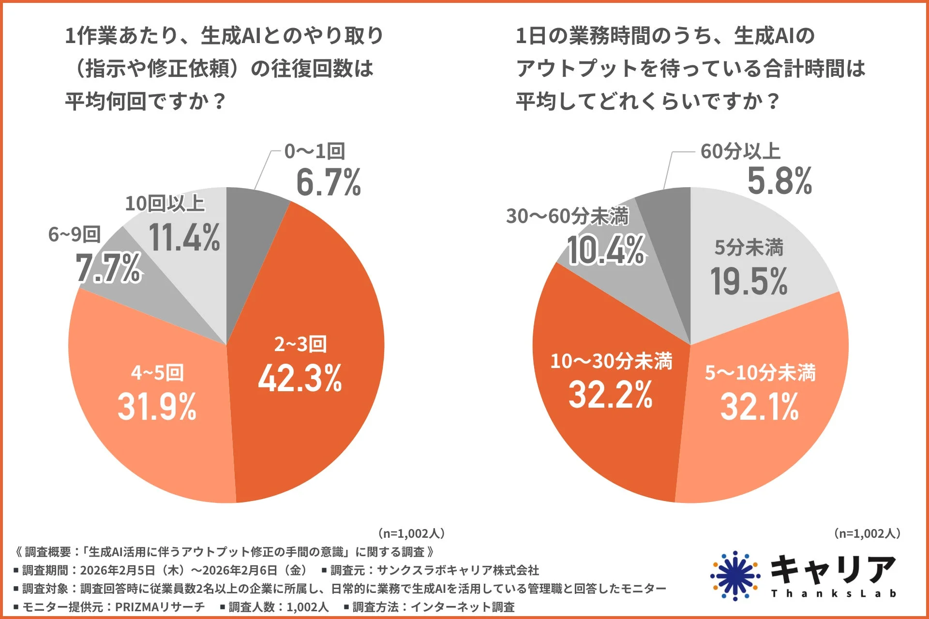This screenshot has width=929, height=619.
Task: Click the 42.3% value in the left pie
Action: (x=300, y=378)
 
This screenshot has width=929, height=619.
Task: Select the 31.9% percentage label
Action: (x=157, y=407)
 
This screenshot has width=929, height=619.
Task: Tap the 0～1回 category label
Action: (x=315, y=151)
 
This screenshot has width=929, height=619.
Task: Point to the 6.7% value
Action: (x=329, y=183)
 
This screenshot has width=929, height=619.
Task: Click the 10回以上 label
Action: (x=165, y=204)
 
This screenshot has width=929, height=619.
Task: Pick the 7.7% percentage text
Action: (x=108, y=268)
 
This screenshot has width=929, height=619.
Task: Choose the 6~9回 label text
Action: (x=75, y=235)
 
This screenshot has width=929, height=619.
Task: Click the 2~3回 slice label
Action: (x=300, y=344)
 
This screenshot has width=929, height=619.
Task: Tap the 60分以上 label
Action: (x=740, y=151)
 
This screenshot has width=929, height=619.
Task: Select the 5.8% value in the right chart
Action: (x=779, y=181)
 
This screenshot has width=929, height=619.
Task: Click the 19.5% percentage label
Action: (x=749, y=281)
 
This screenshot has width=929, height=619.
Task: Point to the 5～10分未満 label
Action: (x=760, y=373)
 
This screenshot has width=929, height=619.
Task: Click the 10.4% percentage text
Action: (x=606, y=250)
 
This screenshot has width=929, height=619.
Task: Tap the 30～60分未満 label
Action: (x=568, y=216)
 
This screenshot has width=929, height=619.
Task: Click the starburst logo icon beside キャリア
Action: (x=735, y=576)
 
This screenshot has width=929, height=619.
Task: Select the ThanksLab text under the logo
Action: (x=833, y=594)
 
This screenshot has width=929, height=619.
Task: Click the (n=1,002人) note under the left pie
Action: (x=411, y=533)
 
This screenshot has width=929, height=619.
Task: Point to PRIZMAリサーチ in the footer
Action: (x=160, y=607)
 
